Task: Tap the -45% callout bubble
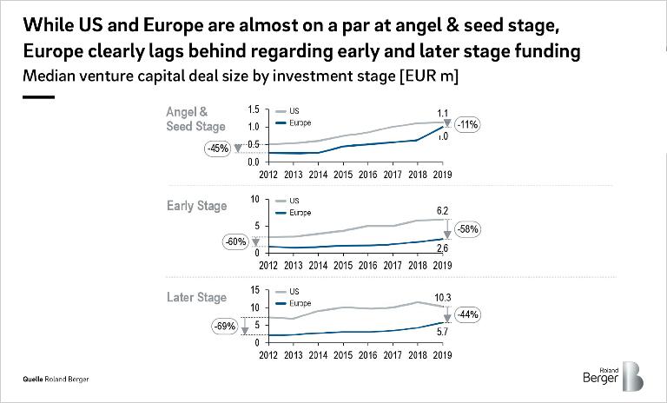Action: pyautogui.click(x=216, y=149)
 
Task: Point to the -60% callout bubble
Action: pyautogui.click(x=236, y=241)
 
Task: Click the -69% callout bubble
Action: pyautogui.click(x=224, y=326)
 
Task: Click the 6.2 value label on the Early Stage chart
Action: pyautogui.click(x=441, y=211)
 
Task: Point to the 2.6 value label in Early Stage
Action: pyautogui.click(x=441, y=249)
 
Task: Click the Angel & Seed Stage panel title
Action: pyautogui.click(x=195, y=119)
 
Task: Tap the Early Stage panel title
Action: pyautogui.click(x=196, y=206)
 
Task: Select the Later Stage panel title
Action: pyautogui.click(x=196, y=298)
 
